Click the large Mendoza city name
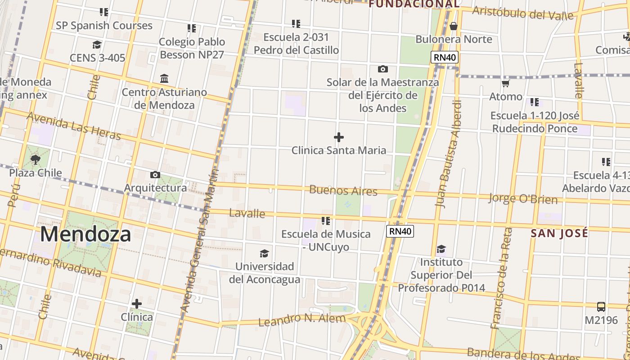click(x=86, y=234)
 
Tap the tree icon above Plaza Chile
click(x=36, y=159)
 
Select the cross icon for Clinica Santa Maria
click(x=339, y=137)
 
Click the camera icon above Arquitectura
click(x=155, y=175)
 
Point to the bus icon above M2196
click(x=601, y=307)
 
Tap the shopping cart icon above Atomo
click(x=506, y=83)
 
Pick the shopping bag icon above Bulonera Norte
click(x=454, y=26)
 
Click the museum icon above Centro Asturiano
click(x=164, y=79)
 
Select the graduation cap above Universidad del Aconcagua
click(x=264, y=253)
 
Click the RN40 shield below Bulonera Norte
click(x=445, y=57)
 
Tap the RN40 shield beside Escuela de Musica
click(x=400, y=231)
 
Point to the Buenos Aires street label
click(x=343, y=190)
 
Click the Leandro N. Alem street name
click(x=302, y=320)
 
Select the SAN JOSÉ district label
click(x=559, y=233)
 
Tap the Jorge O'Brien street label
click(x=523, y=198)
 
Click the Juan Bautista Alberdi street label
click(x=449, y=153)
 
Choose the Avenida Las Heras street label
click(x=74, y=126)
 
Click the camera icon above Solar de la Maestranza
click(x=383, y=69)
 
